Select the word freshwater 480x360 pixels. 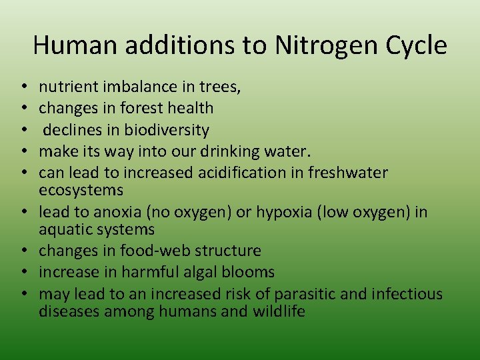coord(349,173)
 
